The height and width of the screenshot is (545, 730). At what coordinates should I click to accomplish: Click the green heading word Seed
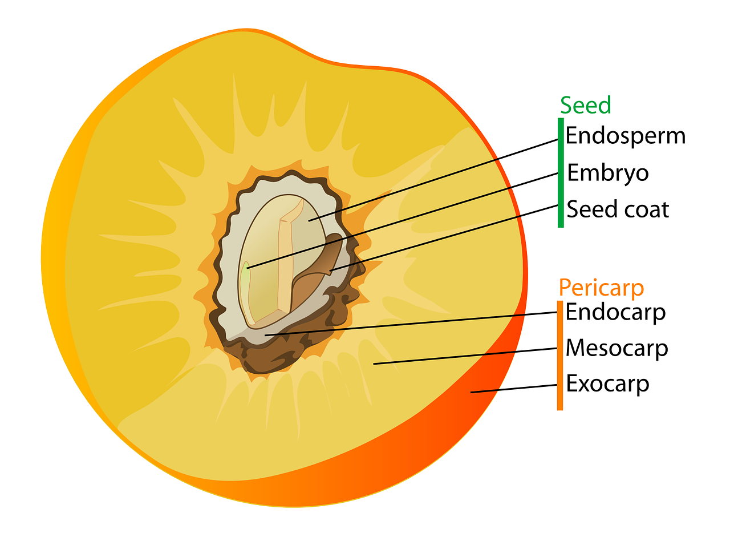click(585, 106)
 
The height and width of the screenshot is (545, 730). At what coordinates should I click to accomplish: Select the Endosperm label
click(625, 136)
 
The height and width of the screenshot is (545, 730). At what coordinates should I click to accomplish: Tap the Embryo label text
click(607, 173)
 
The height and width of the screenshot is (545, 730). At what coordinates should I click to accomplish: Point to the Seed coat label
click(617, 209)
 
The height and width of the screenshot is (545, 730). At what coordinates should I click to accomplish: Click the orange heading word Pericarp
click(601, 288)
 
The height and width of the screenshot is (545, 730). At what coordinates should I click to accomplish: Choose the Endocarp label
click(615, 312)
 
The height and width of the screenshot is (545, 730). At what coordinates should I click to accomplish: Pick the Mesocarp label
click(617, 348)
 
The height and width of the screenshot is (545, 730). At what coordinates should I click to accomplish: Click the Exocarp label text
click(607, 383)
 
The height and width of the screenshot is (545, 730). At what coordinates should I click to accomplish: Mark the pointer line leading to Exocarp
click(513, 389)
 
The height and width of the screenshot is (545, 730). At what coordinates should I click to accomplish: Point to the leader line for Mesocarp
click(465, 356)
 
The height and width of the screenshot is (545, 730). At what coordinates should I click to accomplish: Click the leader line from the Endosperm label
click(433, 179)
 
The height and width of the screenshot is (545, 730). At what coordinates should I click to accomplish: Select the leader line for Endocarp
click(411, 324)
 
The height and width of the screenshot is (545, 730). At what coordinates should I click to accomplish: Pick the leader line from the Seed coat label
click(445, 237)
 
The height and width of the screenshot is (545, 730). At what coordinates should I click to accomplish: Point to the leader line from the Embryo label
click(399, 220)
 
